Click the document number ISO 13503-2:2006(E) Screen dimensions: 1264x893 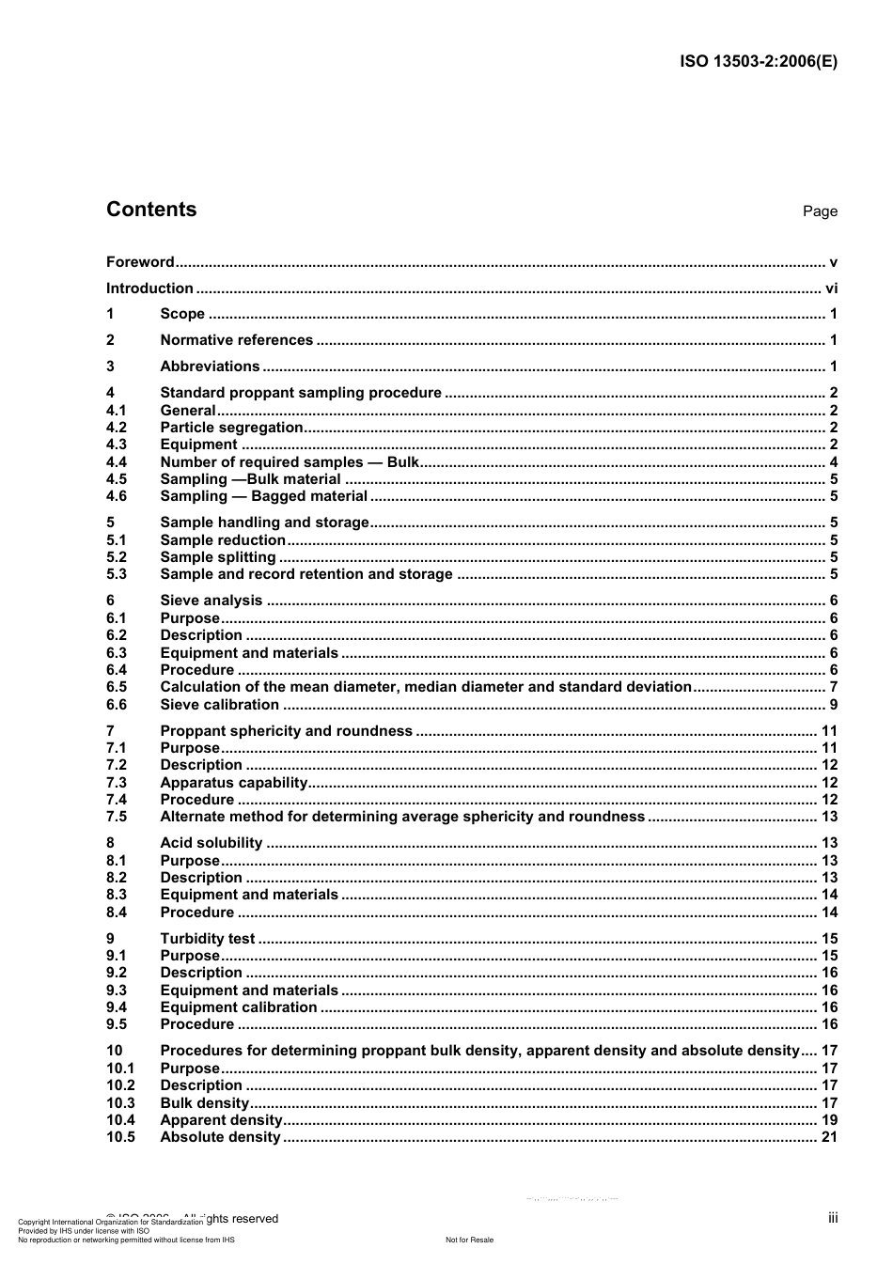click(x=758, y=62)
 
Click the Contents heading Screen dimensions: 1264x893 click(x=151, y=210)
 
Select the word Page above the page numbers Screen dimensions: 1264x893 click(x=820, y=211)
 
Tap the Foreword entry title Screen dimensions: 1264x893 click(x=140, y=262)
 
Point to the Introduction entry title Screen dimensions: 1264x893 click(x=149, y=289)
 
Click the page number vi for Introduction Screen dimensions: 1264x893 click(x=831, y=289)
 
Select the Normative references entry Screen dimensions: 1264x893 click(x=236, y=340)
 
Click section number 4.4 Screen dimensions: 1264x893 click(x=117, y=462)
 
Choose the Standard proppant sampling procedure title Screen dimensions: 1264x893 click(x=300, y=393)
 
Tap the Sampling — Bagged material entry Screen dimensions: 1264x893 click(x=263, y=496)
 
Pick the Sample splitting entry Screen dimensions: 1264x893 click(x=217, y=557)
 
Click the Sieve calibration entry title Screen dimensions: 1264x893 click(x=219, y=705)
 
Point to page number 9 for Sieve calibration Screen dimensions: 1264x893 click(x=833, y=705)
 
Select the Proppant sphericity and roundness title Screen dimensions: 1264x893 click(x=286, y=731)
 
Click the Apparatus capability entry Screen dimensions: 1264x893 click(x=233, y=783)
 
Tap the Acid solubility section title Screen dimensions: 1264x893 click(x=211, y=843)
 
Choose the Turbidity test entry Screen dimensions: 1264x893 click(x=207, y=939)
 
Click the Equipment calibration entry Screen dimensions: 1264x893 click(x=238, y=1007)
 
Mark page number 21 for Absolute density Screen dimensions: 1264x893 click(x=829, y=1137)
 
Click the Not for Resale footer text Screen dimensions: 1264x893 click(x=469, y=1240)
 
